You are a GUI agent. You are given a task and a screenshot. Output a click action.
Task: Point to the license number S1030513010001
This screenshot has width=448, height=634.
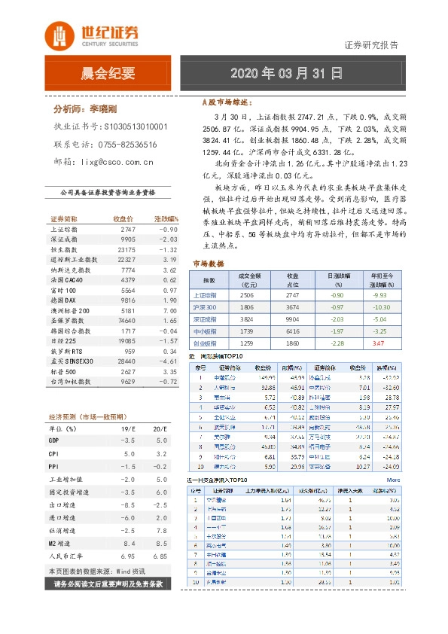click(136, 128)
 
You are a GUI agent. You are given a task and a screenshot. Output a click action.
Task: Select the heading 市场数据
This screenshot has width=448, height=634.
click(209, 264)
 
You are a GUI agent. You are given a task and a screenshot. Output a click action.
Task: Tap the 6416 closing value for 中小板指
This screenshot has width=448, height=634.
click(293, 331)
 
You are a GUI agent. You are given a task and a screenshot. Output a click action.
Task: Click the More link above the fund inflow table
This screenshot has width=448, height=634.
click(393, 479)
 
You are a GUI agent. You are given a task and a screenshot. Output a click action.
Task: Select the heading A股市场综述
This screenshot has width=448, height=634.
click(225, 101)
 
